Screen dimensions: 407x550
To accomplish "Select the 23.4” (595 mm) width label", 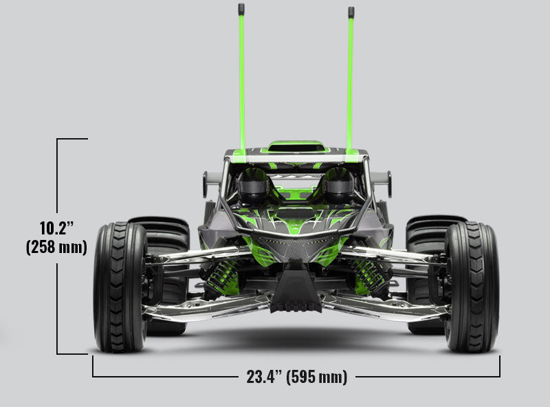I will coord(296,377).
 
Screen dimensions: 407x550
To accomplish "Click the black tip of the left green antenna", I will coord(241,10).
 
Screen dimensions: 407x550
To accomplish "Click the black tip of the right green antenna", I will coord(351,12).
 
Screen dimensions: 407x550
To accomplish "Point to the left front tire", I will coord(120,287).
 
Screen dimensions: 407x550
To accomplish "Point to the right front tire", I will coord(472,287).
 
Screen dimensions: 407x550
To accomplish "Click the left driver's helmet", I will coord(252,184).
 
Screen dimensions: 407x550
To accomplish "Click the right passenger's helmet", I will coord(339,184).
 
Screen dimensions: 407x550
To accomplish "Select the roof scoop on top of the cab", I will coord(296,146).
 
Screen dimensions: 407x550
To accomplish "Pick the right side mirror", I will coord(388,184).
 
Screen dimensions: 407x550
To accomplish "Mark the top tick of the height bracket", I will coord(72,139).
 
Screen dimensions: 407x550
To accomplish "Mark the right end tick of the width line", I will coord(500,368).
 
